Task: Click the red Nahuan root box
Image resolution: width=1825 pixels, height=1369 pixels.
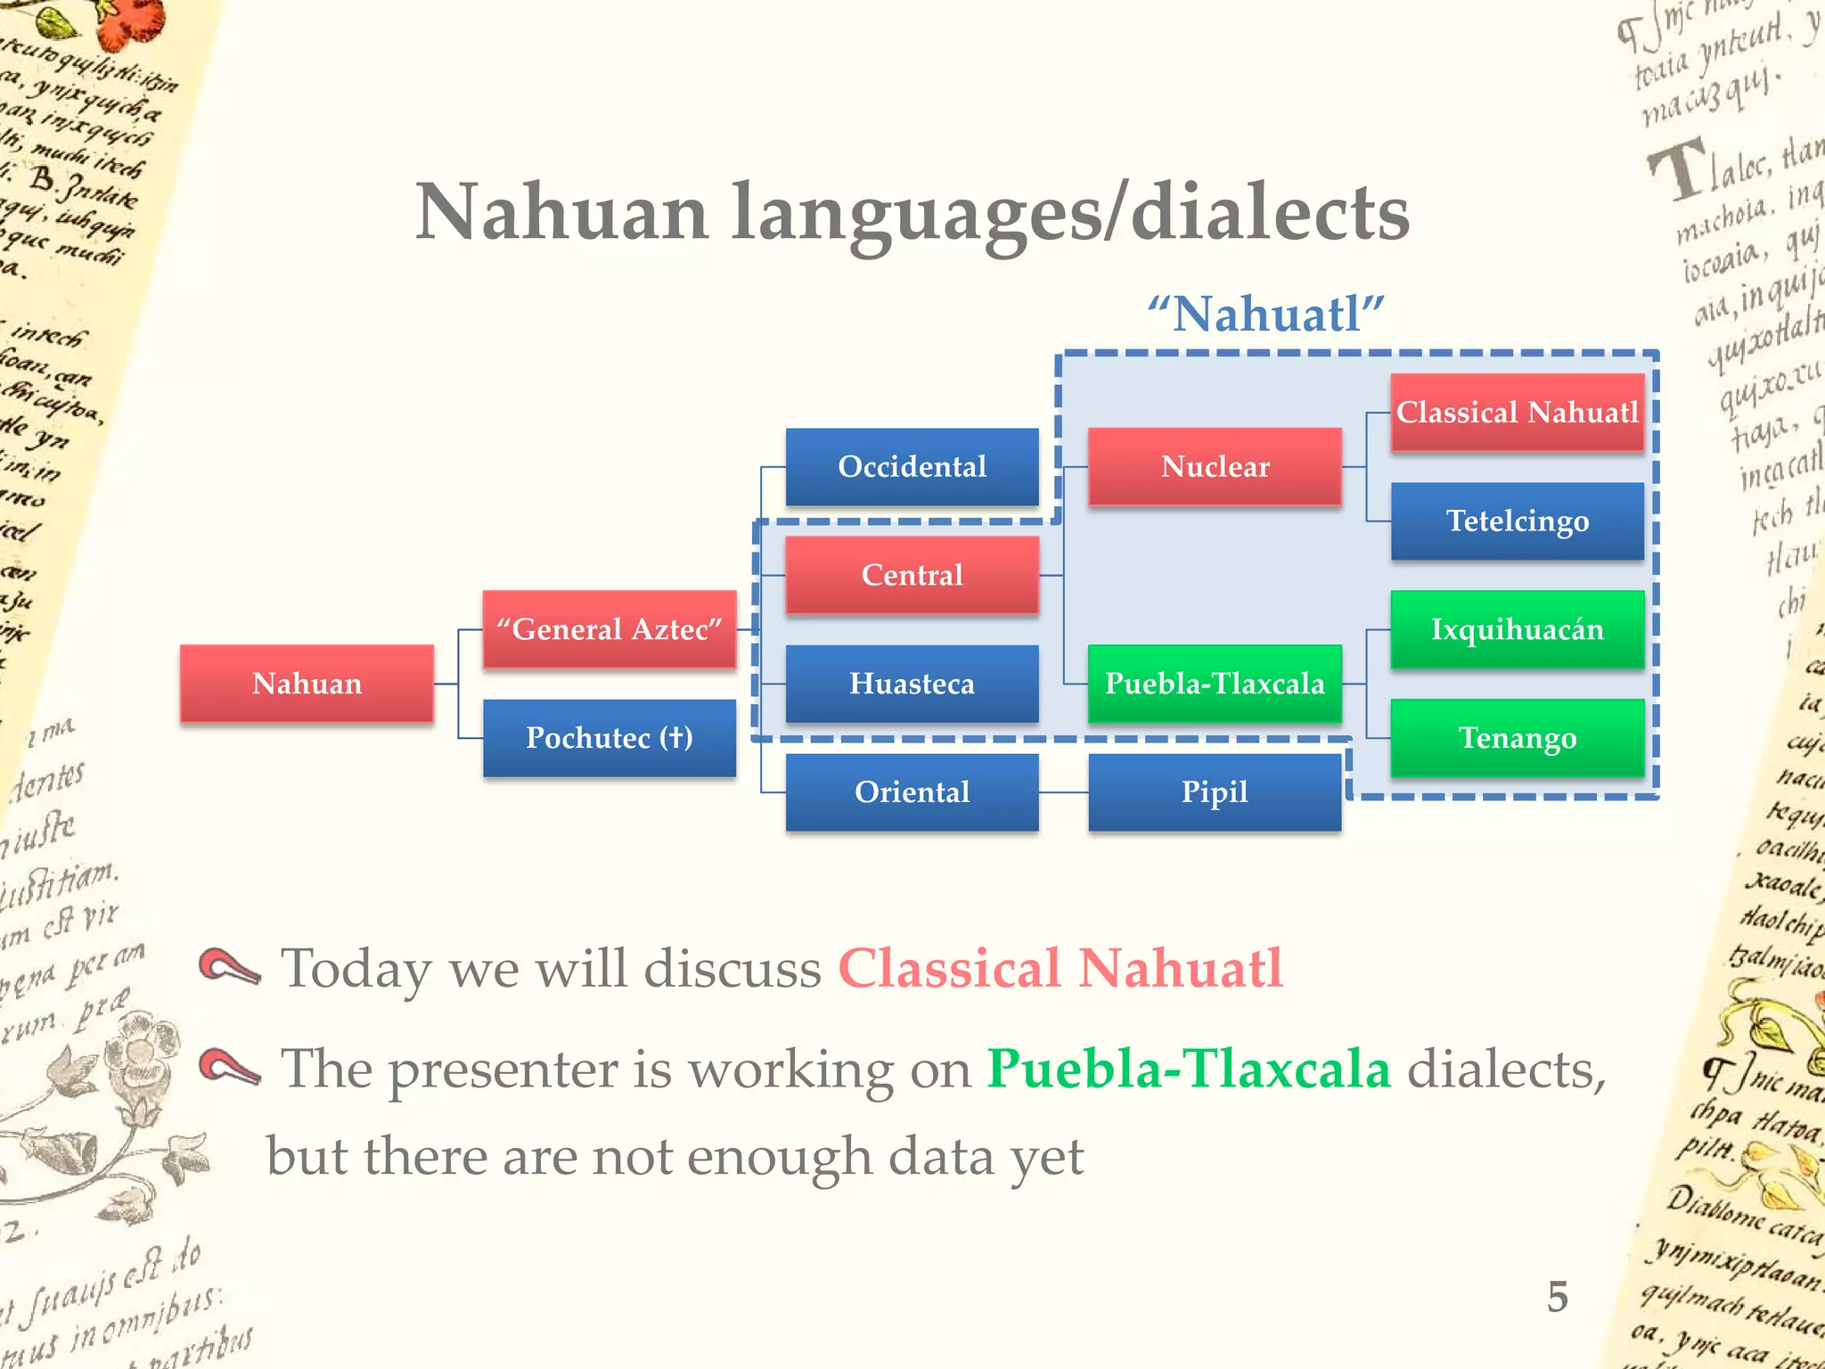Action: point(307,684)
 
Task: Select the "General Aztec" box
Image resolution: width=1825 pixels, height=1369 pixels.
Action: point(610,629)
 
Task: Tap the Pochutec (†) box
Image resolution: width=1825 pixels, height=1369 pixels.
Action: point(610,738)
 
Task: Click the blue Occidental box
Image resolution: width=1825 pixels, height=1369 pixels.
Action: point(912,466)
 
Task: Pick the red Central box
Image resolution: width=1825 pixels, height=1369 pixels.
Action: point(912,575)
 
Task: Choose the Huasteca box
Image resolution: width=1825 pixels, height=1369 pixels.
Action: point(912,684)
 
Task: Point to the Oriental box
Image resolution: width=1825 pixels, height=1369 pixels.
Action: point(912,792)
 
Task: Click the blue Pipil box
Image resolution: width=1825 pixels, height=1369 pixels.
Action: point(1215,792)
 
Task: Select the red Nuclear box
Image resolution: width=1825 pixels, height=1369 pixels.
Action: point(1215,466)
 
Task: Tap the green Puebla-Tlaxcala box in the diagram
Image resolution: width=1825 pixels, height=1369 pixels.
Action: point(1215,684)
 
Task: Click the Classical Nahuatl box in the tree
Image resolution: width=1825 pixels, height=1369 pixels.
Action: point(1517,412)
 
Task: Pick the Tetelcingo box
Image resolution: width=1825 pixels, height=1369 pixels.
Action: point(1517,521)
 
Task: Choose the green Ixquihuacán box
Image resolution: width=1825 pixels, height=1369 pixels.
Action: point(1517,629)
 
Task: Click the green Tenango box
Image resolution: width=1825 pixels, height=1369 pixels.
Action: point(1517,738)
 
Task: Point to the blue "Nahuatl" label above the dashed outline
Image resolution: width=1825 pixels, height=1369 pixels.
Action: point(1265,315)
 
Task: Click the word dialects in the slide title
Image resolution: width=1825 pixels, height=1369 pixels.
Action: point(1270,214)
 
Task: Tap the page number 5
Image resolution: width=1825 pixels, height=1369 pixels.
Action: point(1557,1297)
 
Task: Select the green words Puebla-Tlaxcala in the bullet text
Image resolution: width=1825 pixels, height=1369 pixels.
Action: point(1188,1069)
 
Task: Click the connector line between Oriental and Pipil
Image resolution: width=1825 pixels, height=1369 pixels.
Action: point(1063,792)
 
